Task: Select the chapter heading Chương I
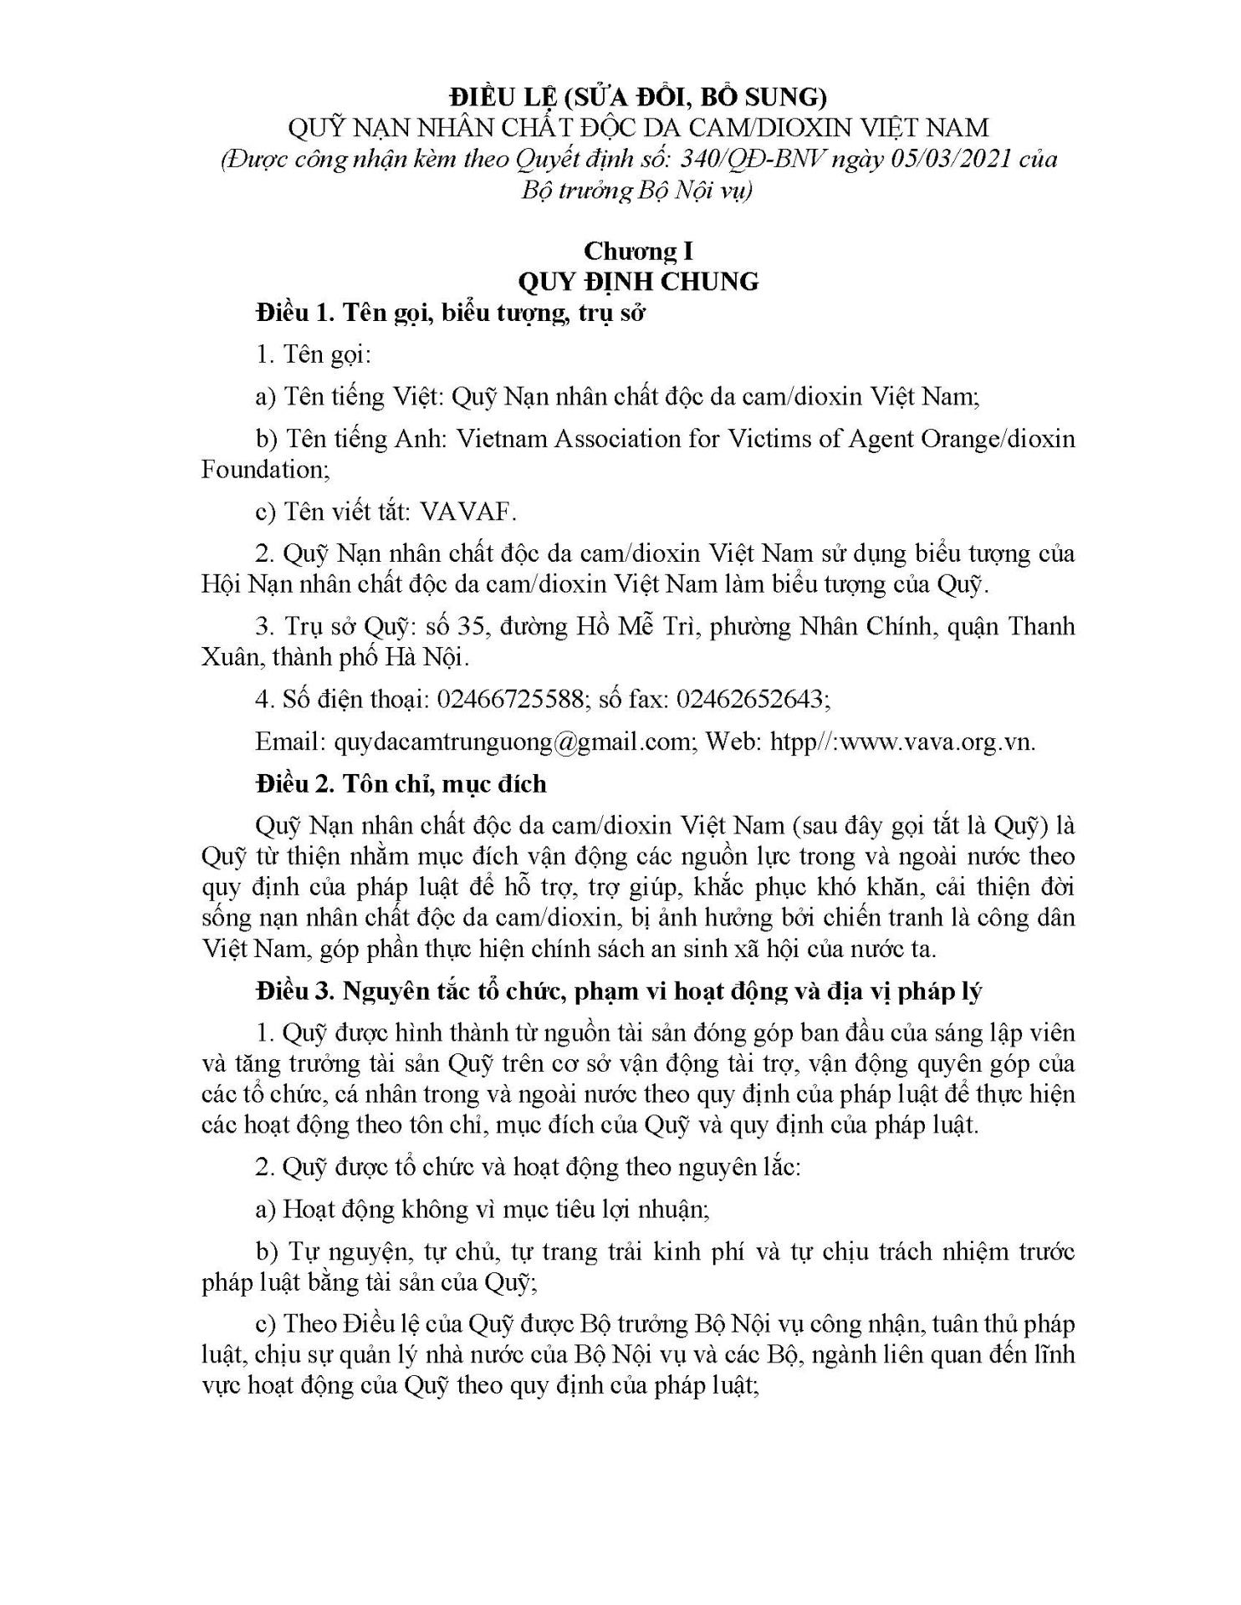638,251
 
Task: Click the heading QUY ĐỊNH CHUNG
638,281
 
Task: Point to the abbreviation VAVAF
464,512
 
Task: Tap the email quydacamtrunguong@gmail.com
511,741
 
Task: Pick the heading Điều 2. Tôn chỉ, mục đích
401,784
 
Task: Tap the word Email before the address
290,741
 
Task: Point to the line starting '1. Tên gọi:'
314,354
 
